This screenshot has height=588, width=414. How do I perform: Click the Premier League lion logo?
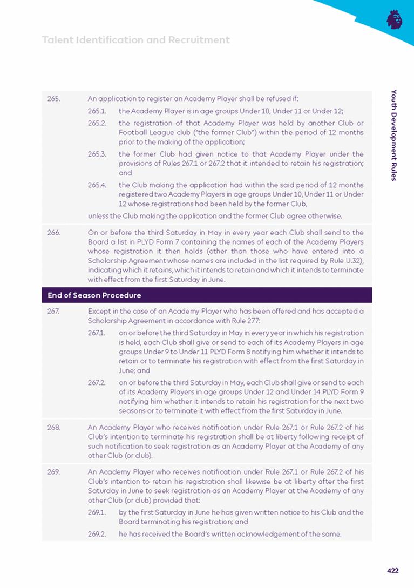click(x=395, y=20)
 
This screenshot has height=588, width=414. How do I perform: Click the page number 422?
click(x=392, y=570)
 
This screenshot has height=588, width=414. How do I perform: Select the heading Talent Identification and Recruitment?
click(x=135, y=40)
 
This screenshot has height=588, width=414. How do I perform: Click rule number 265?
click(x=53, y=99)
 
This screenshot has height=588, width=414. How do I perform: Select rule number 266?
click(x=53, y=233)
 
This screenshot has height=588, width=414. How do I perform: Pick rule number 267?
click(x=53, y=312)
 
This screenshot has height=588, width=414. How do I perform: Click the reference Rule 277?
click(x=248, y=320)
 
